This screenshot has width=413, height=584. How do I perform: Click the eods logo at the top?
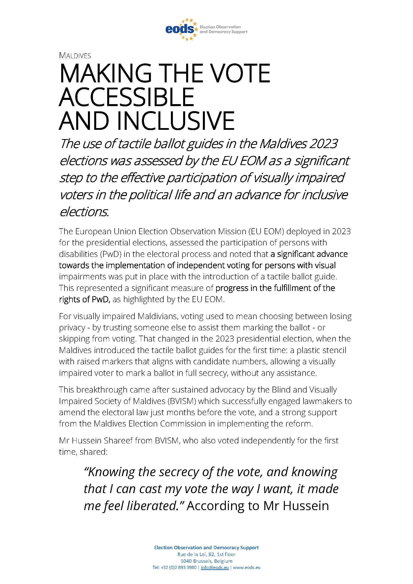tap(181, 29)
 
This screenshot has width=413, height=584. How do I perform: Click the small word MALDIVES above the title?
tap(75, 55)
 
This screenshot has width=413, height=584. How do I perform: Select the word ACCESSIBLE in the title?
tap(127, 97)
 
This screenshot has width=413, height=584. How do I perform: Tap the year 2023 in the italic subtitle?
tap(323, 144)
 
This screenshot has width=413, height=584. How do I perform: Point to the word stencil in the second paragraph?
tap(333, 350)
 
